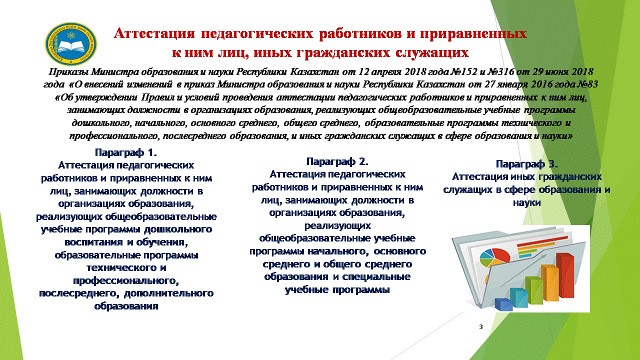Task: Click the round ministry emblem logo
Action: point(71,44)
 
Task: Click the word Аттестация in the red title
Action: point(154,33)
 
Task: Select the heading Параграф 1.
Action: point(126,152)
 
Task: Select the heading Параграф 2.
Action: point(337,161)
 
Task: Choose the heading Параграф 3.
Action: point(527,164)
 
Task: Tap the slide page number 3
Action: point(481,326)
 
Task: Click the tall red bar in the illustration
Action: point(564,275)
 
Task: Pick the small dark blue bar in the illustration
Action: point(503,304)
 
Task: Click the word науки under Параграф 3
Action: point(527,203)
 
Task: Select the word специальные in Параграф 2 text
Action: point(376,277)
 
